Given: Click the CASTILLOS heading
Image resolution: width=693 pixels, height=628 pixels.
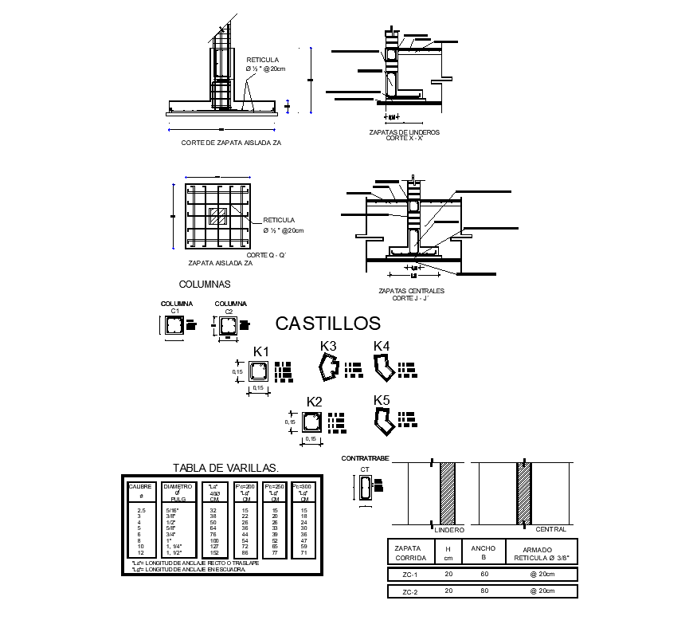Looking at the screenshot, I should [327, 323].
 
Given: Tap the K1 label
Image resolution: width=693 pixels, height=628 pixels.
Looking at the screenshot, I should [261, 351].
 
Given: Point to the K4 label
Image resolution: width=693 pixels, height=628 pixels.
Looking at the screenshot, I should [382, 346].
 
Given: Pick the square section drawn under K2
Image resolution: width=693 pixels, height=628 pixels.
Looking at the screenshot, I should [312, 422].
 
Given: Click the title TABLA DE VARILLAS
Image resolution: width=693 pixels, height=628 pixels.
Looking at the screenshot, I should [225, 468].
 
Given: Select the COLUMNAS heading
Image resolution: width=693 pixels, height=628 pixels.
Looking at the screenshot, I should [205, 284].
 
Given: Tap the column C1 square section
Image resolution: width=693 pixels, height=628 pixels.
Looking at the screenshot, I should [174, 326].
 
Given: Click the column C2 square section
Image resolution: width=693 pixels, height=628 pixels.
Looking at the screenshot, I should [228, 326].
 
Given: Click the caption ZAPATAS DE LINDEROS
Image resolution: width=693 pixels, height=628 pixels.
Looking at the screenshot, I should [404, 132].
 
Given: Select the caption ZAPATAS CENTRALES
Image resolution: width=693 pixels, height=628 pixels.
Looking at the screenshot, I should [411, 291].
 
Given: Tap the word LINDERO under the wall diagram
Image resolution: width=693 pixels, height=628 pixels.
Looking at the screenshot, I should [451, 529].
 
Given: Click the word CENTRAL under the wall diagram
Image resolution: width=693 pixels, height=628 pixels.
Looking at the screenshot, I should [550, 529].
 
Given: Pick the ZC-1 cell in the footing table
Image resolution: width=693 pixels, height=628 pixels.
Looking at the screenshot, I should [409, 575].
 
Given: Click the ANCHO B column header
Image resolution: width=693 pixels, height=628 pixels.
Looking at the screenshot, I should [483, 552].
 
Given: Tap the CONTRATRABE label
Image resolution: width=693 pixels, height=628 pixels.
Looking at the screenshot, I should [364, 459].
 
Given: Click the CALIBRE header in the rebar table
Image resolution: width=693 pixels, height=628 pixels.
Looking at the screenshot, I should [141, 486].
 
